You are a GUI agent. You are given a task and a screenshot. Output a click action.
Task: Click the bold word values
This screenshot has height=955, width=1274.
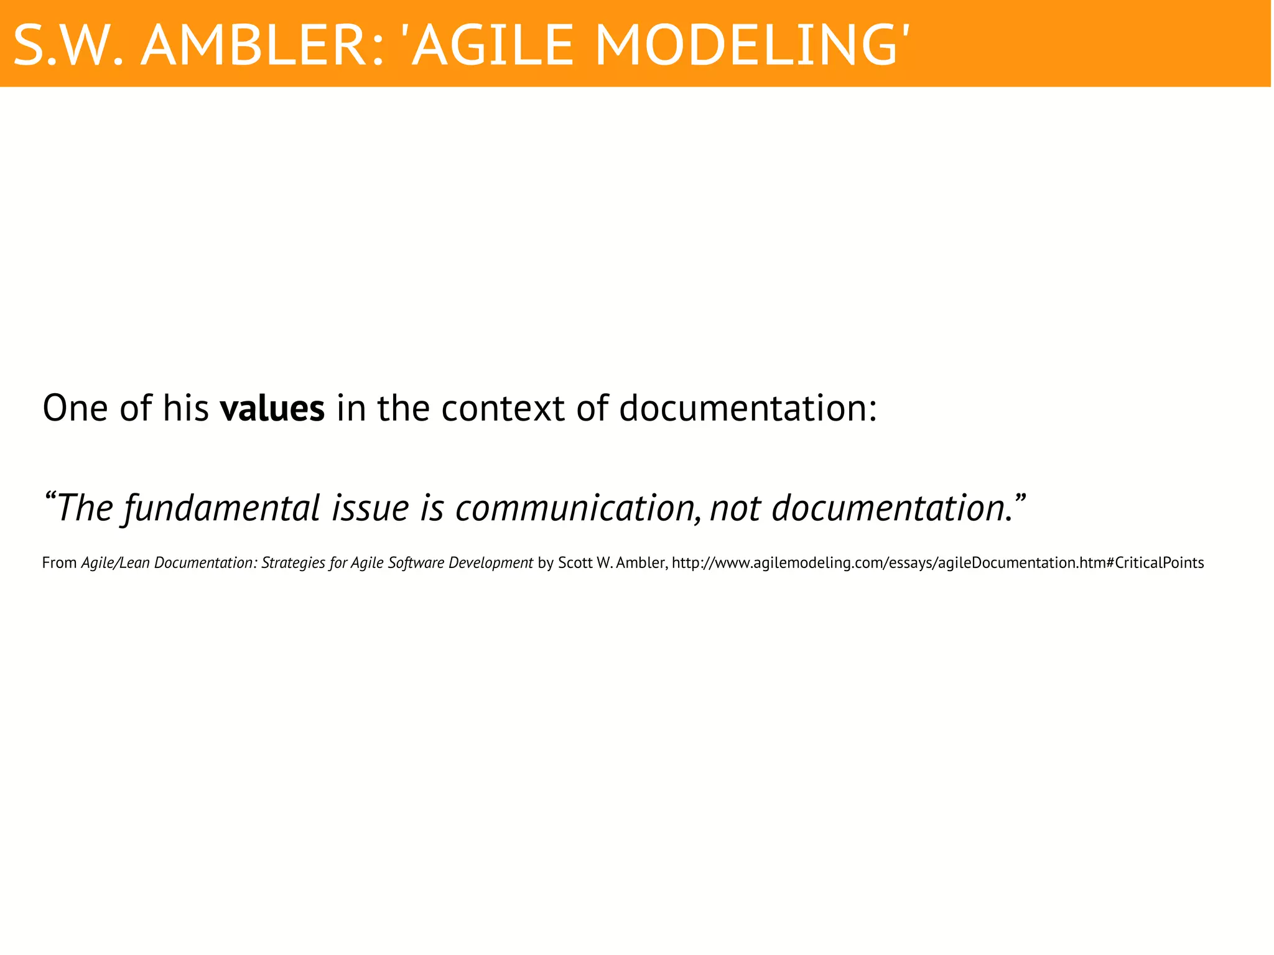272,409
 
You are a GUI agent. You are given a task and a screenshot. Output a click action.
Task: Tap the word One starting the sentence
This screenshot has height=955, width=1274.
75,409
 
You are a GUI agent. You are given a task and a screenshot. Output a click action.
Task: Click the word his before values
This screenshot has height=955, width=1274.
185,409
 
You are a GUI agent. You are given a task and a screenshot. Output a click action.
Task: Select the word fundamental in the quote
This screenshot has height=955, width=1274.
221,508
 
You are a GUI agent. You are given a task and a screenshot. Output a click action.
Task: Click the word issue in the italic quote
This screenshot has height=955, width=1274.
370,508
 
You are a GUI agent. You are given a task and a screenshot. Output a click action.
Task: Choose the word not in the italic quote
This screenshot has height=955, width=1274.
735,508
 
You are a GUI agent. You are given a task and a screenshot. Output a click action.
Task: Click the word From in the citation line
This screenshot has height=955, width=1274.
59,563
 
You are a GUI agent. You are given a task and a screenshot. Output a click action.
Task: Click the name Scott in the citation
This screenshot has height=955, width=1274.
574,563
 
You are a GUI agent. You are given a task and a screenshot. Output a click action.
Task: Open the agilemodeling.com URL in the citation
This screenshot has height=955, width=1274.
937,563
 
